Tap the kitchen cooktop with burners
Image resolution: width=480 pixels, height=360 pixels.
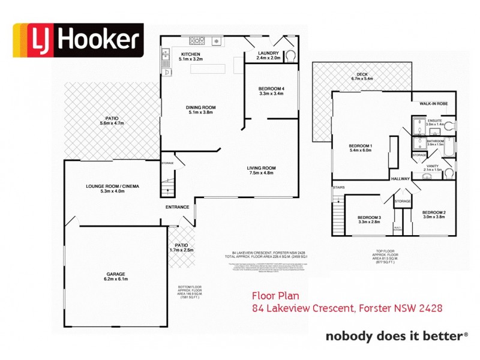(197, 41)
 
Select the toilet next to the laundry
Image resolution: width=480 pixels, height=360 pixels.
(290, 56)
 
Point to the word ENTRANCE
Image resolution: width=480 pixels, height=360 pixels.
(178, 207)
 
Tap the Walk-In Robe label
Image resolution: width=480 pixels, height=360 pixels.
(434, 104)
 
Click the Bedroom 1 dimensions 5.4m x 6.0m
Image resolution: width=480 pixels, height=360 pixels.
(361, 151)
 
